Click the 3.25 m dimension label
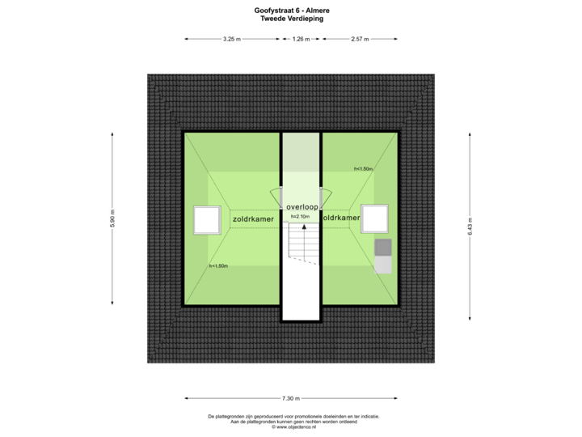[231, 39]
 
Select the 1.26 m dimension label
[301, 39]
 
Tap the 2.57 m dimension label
[360, 39]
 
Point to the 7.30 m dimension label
[291, 398]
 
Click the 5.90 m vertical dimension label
[112, 219]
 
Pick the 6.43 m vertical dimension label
[470, 224]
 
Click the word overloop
[301, 206]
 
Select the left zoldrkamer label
[251, 218]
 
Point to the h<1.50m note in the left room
[218, 265]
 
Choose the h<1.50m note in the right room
[363, 168]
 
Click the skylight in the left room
[207, 219]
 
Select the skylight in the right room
[374, 218]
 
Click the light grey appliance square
[383, 264]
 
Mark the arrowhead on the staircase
[304, 227]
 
